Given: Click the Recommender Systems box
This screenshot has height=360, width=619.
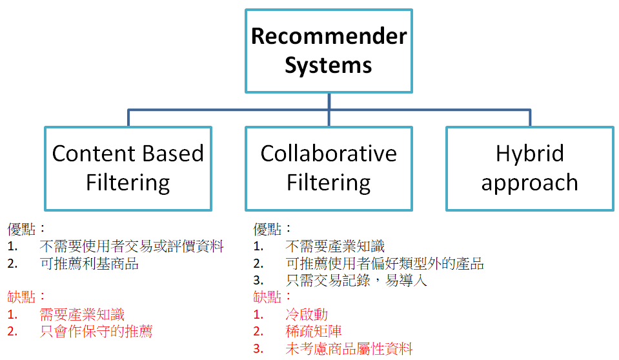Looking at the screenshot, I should click(329, 50).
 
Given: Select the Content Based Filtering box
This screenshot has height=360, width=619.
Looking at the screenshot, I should click(128, 168).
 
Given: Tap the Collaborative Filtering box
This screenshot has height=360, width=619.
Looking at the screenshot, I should click(329, 168).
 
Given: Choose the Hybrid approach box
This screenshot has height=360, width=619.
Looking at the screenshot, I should click(530, 168).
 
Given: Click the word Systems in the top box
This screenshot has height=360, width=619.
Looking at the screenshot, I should click(329, 65).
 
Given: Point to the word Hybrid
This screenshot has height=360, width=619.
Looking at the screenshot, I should click(530, 154).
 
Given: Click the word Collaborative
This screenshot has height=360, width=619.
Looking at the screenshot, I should click(329, 154).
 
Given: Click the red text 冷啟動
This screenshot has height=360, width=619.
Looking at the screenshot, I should click(307, 315).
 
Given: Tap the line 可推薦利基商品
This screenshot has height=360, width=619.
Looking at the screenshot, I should click(89, 263).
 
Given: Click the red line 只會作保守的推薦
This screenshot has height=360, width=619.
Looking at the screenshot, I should click(96, 332).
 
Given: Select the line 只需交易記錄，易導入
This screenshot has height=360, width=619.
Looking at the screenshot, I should click(356, 281).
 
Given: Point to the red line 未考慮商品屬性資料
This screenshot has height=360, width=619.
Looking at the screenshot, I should click(349, 349).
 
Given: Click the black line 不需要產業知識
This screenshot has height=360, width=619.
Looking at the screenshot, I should click(335, 246).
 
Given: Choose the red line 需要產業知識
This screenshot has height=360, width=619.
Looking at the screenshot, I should click(82, 315).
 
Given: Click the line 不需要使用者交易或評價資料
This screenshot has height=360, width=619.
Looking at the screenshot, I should click(132, 246).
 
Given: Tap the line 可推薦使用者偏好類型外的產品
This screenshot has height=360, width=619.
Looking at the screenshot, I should click(385, 263).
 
